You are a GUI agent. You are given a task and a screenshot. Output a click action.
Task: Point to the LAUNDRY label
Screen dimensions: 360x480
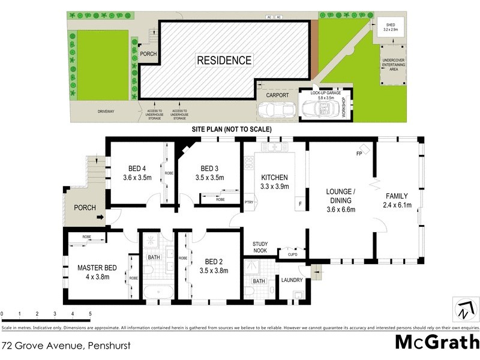coord(292,280)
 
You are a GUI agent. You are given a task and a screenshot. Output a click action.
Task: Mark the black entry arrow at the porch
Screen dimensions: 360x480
coord(100,217)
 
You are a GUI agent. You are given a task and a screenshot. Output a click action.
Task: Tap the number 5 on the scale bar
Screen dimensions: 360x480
coord(90,314)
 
